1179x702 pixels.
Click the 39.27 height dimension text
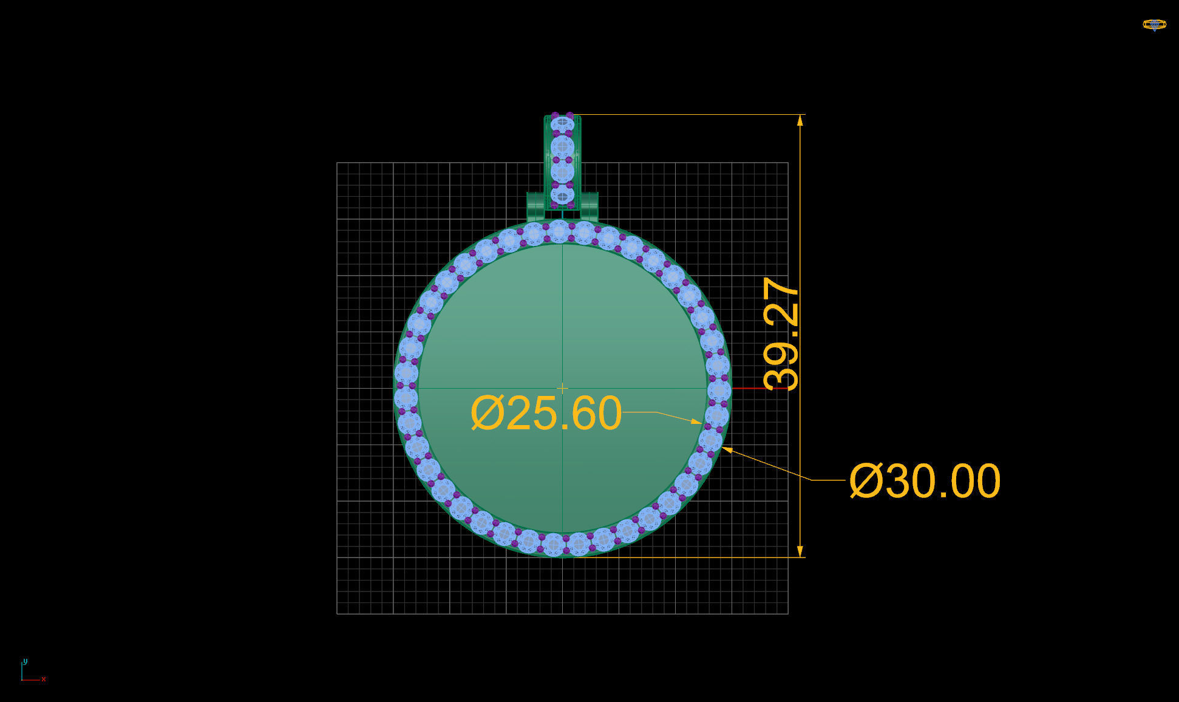tap(782, 333)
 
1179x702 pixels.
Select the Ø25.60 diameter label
tap(546, 414)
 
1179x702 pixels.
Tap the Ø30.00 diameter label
tap(925, 480)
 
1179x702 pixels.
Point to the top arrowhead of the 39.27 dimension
tap(800, 120)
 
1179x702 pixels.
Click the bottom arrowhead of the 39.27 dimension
tap(800, 551)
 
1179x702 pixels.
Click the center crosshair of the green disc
tap(562, 388)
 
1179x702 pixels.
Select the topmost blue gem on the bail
tap(563, 123)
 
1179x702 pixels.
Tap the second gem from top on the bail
tap(563, 147)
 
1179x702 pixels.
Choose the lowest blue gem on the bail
tap(563, 196)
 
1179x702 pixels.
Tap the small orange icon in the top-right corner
tap(1154, 25)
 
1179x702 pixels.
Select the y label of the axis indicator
tap(25, 661)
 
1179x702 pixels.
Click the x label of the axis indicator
tap(44, 680)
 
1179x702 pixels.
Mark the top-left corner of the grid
tap(337, 163)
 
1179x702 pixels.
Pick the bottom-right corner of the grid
tap(788, 614)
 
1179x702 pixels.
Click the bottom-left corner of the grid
tap(337, 614)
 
